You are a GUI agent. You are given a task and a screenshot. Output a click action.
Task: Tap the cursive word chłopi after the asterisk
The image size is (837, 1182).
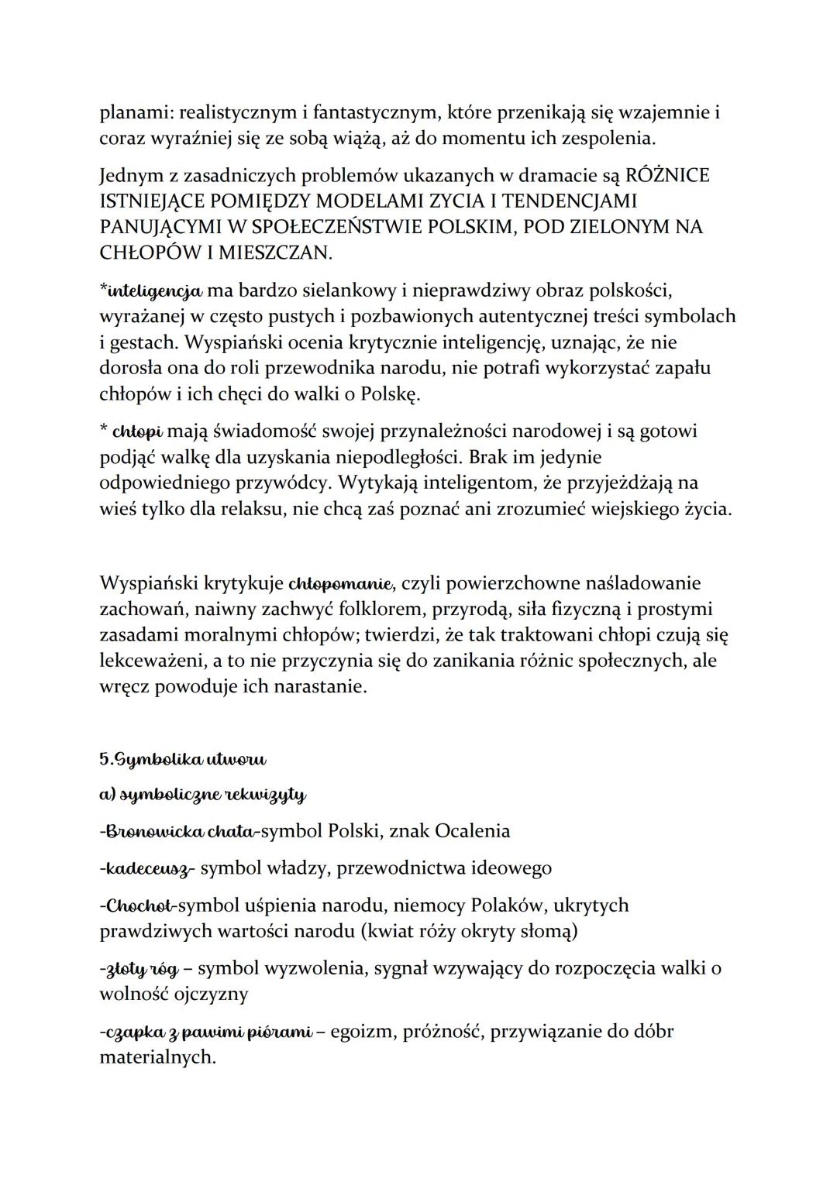137,431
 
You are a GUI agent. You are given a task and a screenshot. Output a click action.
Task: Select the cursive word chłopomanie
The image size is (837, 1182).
341,582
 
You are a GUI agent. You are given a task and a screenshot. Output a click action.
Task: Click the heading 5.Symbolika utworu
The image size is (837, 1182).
183,759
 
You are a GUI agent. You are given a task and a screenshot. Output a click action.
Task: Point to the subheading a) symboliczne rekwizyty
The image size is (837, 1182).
203,795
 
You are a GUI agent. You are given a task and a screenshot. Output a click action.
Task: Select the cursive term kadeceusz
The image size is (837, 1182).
146,868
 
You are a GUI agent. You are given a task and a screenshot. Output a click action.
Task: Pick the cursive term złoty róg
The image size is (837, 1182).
139,968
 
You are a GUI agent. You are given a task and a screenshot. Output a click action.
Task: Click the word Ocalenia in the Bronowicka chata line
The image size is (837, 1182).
472,831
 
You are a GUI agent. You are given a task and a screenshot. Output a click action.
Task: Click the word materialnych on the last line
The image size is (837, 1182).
158,1057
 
